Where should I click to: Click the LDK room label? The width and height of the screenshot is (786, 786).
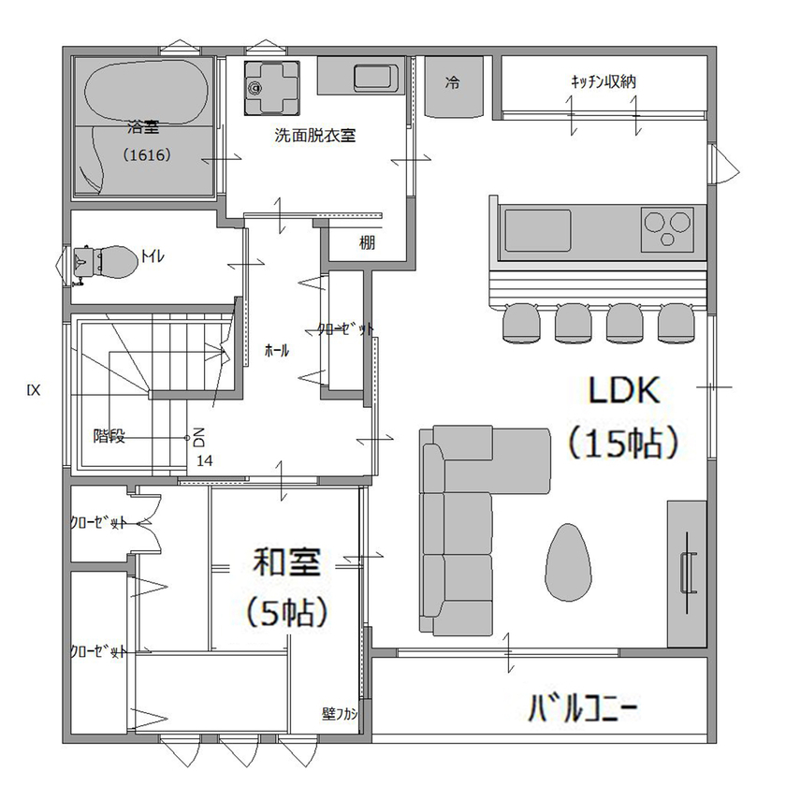(624, 390)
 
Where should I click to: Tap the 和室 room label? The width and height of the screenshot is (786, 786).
(288, 563)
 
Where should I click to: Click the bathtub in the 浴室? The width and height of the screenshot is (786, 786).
(145, 94)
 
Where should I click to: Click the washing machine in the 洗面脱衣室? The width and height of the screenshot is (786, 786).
(272, 86)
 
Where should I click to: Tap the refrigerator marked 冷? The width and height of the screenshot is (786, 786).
(453, 84)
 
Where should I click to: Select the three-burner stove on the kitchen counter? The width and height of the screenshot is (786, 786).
(669, 229)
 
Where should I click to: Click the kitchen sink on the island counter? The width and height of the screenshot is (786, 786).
(537, 229)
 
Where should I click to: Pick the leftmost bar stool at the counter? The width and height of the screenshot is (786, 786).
(521, 323)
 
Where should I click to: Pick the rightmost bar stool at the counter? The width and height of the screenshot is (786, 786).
(676, 323)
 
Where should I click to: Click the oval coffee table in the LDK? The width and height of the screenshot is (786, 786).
(568, 561)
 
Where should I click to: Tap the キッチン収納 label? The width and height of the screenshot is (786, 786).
(604, 81)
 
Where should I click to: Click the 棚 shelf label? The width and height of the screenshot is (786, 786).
(367, 242)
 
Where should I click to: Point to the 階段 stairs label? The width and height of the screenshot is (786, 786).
(109, 436)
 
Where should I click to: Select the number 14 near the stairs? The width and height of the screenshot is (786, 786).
(204, 460)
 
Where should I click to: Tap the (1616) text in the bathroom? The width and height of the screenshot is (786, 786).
(147, 155)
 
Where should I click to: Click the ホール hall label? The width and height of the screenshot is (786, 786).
(277, 351)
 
